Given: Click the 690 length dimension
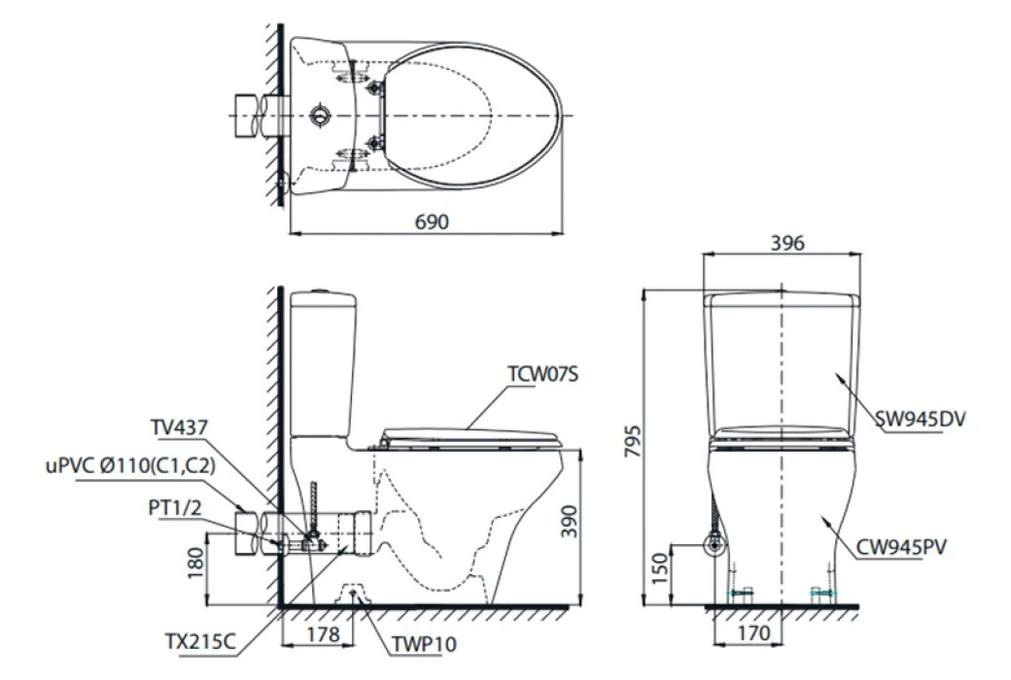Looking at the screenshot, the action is pyautogui.click(x=432, y=221).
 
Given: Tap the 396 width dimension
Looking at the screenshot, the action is pyautogui.click(x=787, y=242).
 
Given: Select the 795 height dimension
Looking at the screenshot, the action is pyautogui.click(x=634, y=442).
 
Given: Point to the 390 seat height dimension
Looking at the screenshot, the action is pyautogui.click(x=569, y=522).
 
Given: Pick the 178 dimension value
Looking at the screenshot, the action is pyautogui.click(x=323, y=634).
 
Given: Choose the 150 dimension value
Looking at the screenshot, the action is pyautogui.click(x=660, y=568).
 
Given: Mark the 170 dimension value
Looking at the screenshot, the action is pyautogui.click(x=753, y=633).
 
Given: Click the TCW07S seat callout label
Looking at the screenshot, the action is pyautogui.click(x=542, y=374).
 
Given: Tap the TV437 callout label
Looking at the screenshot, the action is pyautogui.click(x=179, y=426).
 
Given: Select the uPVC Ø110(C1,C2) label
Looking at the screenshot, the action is pyautogui.click(x=130, y=465).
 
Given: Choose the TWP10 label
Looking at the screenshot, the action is pyautogui.click(x=424, y=643).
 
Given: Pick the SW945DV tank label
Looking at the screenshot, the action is pyautogui.click(x=921, y=420).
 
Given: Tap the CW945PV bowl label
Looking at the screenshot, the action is pyautogui.click(x=901, y=547).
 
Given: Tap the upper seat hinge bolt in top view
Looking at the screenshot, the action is pyautogui.click(x=373, y=87).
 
